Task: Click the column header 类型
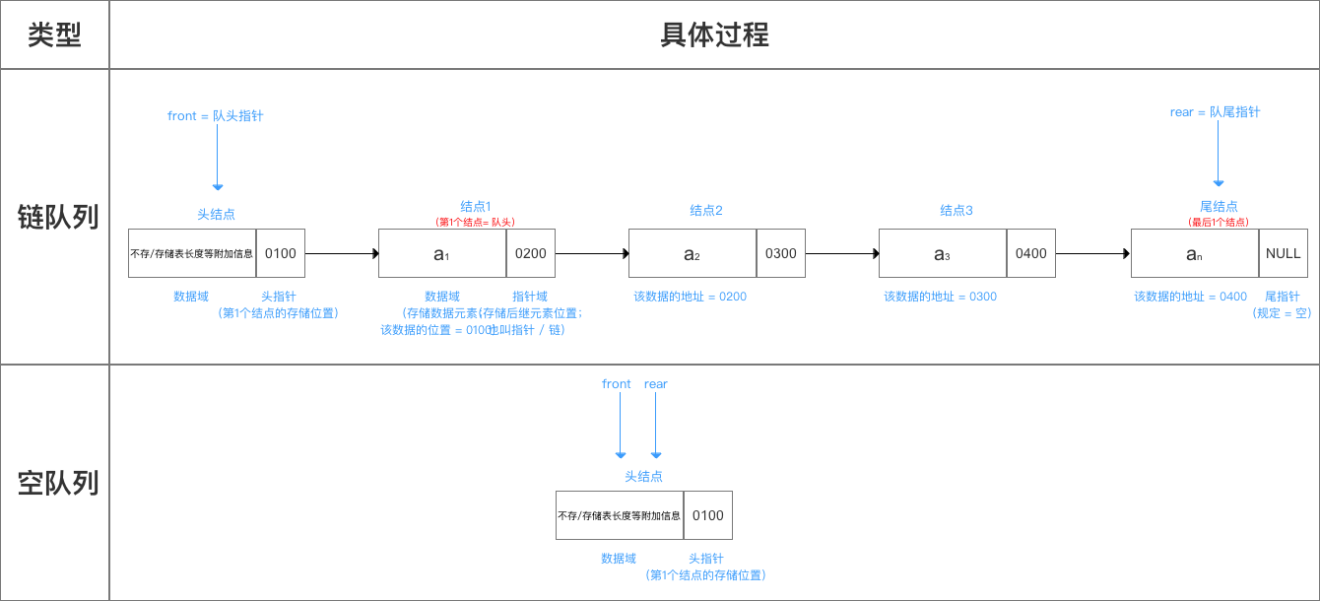54,35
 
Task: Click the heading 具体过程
713,35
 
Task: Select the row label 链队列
57,217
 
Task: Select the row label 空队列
57,483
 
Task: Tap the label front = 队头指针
216,115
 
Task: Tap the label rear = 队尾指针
1215,112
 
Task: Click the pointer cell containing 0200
530,253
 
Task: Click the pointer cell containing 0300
780,253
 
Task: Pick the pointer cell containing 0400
1030,253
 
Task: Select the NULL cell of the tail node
1283,253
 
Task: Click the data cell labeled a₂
692,253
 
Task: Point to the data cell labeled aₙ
1194,253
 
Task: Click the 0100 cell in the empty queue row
707,515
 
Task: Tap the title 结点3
956,210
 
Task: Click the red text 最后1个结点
1219,222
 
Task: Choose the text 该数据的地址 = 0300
940,296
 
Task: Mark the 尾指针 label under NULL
1282,296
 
